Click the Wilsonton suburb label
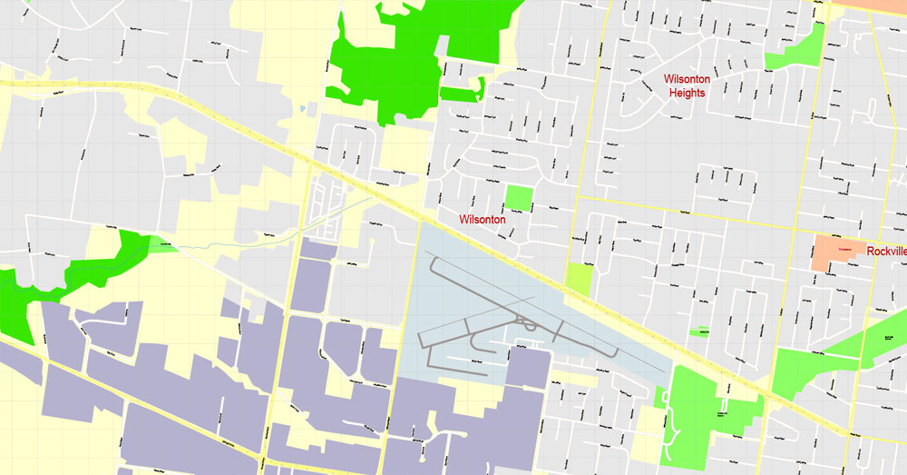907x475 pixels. pos(482,219)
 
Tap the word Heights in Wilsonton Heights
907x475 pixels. pos(688,93)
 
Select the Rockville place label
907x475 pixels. pos(886,252)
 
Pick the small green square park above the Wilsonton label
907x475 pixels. pos(518,196)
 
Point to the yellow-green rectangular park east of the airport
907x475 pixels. pos(578,278)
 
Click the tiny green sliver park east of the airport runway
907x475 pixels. pos(697,332)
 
